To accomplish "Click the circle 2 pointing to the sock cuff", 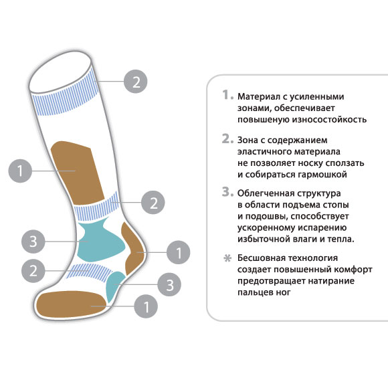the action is [x=135, y=82].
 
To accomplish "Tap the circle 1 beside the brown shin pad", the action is [x=20, y=171].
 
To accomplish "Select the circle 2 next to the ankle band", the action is [x=153, y=203].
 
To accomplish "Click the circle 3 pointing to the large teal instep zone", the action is [x=33, y=241].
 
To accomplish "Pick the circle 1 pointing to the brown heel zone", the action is [x=179, y=252].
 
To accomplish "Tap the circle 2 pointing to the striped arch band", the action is [x=33, y=271].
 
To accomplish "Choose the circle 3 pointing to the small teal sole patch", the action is [x=169, y=284].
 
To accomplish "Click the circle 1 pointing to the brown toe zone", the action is [x=146, y=306].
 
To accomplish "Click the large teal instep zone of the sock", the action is [x=99, y=241].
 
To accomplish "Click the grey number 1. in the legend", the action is [x=227, y=95].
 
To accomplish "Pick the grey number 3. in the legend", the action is [x=227, y=192].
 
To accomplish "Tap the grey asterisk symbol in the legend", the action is [x=227, y=258].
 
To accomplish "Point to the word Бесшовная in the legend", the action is [x=262, y=258].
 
